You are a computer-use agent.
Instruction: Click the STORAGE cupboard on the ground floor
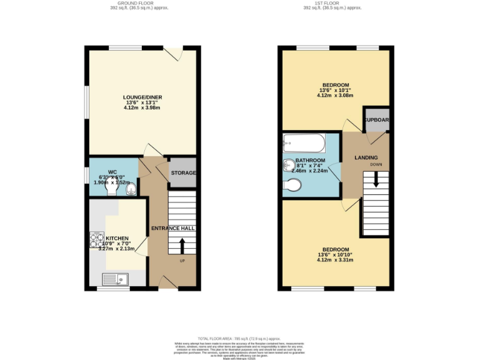[184, 173]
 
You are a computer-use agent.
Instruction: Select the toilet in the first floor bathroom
[292, 185]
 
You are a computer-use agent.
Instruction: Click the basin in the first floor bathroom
[289, 164]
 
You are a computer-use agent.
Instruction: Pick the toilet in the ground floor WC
[131, 189]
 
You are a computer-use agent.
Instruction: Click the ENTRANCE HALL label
[173, 228]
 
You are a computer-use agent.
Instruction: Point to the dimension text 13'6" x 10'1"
[336, 90]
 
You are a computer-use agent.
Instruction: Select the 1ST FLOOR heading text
[333, 3]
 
